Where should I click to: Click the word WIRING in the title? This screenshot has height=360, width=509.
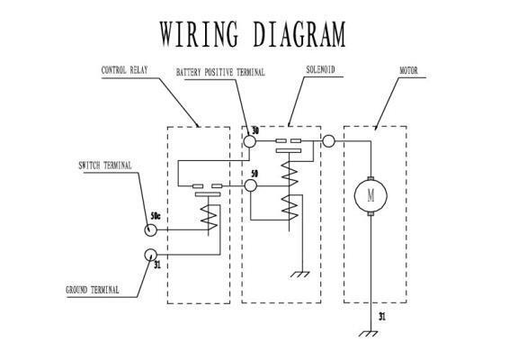[199, 34]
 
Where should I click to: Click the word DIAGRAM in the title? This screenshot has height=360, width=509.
[299, 34]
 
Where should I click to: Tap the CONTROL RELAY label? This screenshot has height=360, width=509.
[125, 70]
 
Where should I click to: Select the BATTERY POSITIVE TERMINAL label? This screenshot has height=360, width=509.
[220, 72]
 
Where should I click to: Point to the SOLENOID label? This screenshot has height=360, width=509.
[320, 69]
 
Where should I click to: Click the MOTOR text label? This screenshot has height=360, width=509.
[408, 70]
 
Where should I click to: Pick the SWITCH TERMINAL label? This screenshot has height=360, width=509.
[105, 166]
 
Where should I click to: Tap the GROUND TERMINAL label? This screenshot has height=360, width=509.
[93, 290]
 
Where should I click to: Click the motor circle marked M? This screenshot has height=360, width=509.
[371, 196]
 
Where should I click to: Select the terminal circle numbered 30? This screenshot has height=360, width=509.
[250, 141]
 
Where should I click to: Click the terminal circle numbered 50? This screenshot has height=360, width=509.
[250, 185]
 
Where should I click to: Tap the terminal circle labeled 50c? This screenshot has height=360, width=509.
[150, 230]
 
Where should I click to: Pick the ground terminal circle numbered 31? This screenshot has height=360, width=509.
[150, 255]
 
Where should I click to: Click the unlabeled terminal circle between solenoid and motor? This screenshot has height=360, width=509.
[328, 141]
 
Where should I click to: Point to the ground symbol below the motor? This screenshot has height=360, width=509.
[369, 334]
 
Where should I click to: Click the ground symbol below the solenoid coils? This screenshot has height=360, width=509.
[300, 274]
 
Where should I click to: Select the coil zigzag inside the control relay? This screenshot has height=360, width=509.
[209, 216]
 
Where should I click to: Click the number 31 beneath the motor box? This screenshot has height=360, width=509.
[382, 316]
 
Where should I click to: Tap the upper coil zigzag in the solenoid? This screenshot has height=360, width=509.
[289, 173]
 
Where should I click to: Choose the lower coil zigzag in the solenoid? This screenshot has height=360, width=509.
[290, 208]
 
